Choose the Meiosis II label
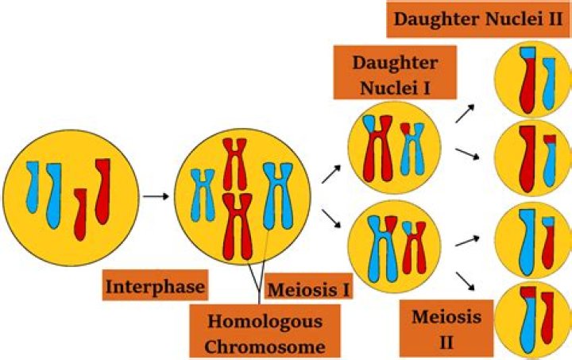point(446,327)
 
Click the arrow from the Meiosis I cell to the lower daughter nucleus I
point(331,216)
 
